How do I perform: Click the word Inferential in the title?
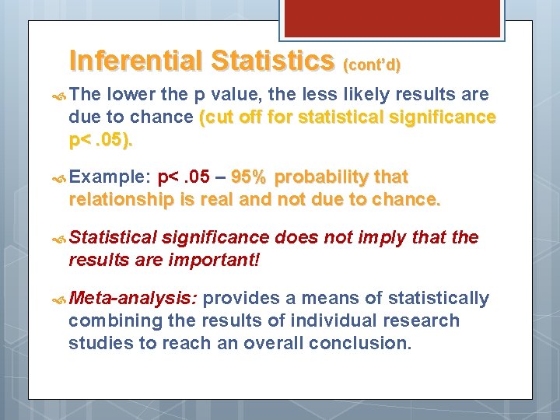[136, 61]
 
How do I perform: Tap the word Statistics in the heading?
[271, 61]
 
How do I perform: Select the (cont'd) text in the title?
[371, 65]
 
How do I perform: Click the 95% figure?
[251, 177]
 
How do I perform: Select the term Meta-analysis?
[133, 299]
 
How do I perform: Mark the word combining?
[108, 320]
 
